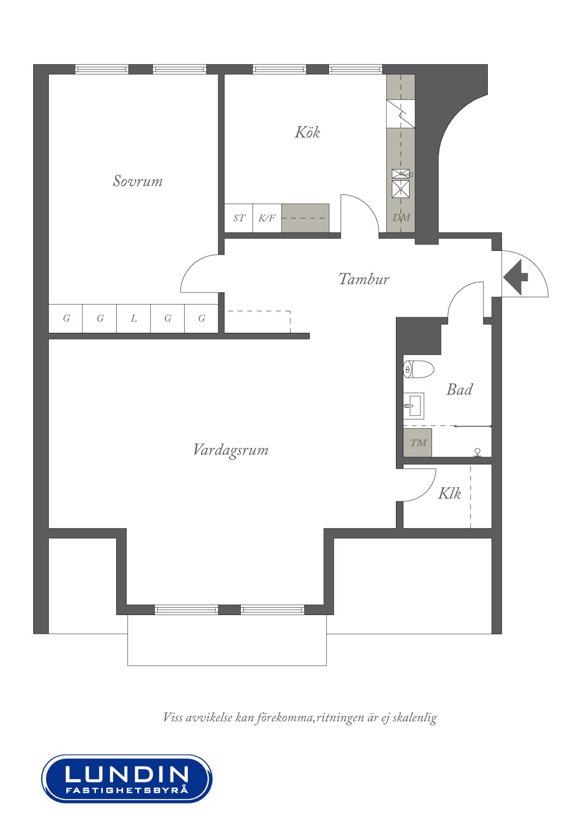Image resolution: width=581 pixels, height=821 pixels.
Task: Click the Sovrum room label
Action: click(x=138, y=181)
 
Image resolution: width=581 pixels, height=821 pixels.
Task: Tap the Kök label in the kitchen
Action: click(x=307, y=132)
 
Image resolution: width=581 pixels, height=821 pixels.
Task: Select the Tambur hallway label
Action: click(x=364, y=279)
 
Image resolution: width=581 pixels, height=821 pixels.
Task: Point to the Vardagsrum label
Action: click(x=231, y=450)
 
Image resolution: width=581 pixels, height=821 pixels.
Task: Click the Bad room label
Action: click(x=459, y=389)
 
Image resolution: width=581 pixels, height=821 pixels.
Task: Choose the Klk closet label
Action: click(x=449, y=493)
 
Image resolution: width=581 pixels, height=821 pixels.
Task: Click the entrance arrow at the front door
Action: click(x=516, y=277)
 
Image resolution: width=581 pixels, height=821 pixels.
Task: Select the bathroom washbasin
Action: click(x=414, y=405)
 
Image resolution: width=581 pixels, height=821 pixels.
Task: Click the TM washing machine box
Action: click(x=418, y=443)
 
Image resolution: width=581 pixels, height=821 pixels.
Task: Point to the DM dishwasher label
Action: click(x=401, y=218)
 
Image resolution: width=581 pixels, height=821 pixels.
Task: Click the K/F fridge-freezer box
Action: click(x=267, y=218)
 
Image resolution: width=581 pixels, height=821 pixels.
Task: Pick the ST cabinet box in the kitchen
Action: click(x=239, y=218)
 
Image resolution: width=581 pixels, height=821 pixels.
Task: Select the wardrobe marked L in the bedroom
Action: click(x=134, y=319)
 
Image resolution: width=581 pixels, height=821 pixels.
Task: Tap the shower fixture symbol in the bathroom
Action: click(x=477, y=453)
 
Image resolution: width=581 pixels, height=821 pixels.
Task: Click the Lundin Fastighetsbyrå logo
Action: click(x=127, y=778)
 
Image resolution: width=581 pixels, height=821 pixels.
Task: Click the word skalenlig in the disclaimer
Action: click(x=415, y=718)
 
